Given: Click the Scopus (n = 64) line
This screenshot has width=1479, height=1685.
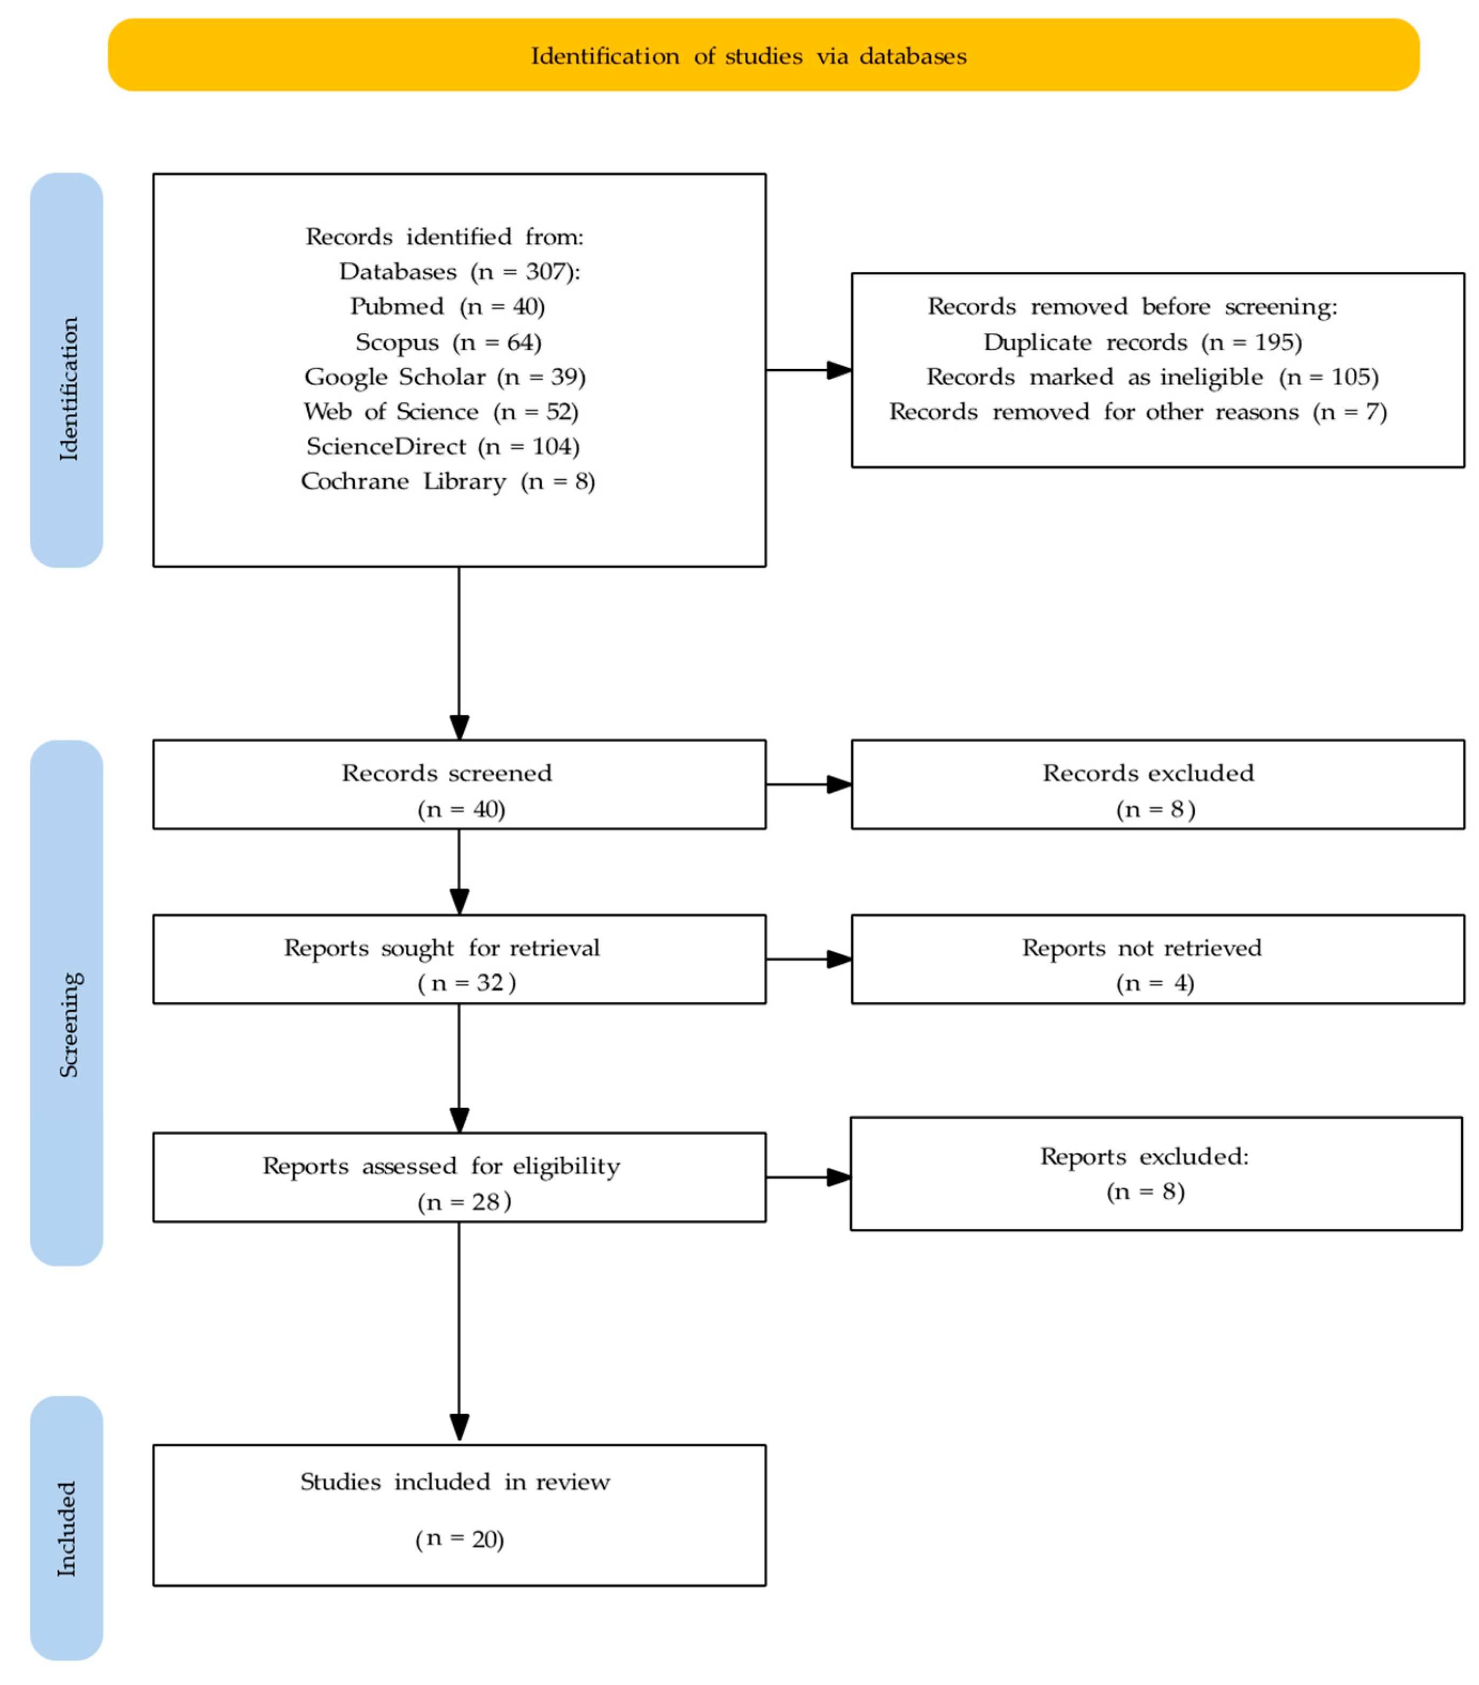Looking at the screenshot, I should pyautogui.click(x=448, y=342).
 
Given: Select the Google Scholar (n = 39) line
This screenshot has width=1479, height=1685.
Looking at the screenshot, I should pyautogui.click(x=445, y=377).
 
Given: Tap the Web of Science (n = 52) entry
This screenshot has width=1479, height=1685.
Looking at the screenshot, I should pyautogui.click(x=440, y=411).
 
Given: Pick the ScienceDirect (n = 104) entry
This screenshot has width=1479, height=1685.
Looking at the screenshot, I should pyautogui.click(x=443, y=446).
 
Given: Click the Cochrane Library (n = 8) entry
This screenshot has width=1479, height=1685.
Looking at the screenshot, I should pyautogui.click(x=448, y=481).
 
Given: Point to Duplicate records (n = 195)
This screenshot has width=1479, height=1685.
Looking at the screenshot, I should pyautogui.click(x=1142, y=342).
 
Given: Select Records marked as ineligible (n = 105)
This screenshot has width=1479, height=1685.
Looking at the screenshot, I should pyautogui.click(x=1151, y=377).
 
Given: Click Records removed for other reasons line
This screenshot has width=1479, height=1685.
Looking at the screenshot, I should pyautogui.click(x=1137, y=411).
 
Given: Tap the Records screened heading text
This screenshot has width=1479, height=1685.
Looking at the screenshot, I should pyautogui.click(x=447, y=773).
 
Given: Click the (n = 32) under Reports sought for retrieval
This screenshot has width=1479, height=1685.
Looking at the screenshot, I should pyautogui.click(x=466, y=982).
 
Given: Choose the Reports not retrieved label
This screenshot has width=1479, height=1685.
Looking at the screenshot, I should pyautogui.click(x=1141, y=948).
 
